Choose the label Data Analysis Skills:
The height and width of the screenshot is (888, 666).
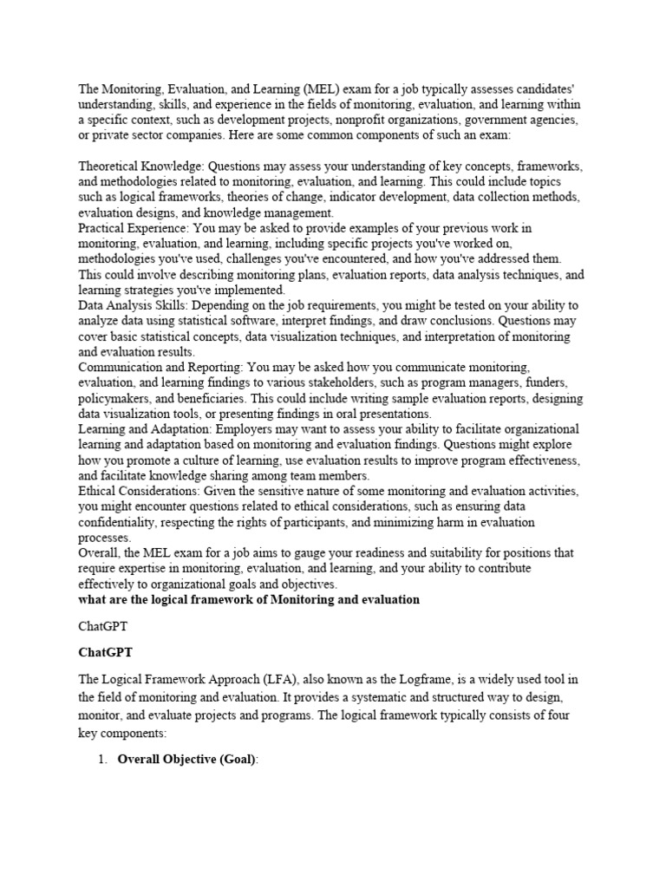pyautogui.click(x=133, y=306)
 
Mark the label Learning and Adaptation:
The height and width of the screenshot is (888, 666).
pyautogui.click(x=145, y=430)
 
